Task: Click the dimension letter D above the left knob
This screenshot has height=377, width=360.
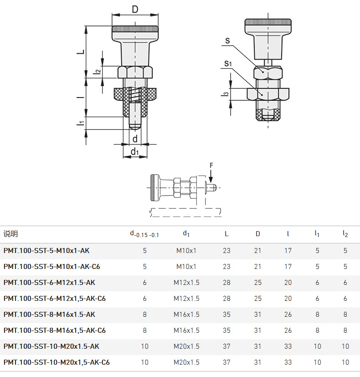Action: point(135,10)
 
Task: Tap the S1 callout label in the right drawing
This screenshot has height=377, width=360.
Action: point(228,64)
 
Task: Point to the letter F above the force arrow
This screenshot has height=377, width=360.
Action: point(211,165)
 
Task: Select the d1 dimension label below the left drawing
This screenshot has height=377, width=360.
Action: point(135,152)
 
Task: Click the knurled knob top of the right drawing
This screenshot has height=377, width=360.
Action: point(268,23)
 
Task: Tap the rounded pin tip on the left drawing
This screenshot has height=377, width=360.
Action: point(135,126)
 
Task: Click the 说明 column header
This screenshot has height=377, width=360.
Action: point(10,234)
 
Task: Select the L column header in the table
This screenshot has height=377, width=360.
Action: point(226,234)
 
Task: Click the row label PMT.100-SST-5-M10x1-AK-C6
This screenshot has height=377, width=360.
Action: point(51,266)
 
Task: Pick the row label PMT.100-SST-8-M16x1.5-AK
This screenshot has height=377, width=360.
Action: point(49,314)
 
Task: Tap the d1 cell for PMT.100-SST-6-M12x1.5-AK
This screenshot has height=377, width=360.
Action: point(186,283)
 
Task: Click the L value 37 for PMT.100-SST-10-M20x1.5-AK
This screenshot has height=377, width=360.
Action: point(226,346)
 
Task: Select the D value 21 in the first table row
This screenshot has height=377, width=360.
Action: point(257,251)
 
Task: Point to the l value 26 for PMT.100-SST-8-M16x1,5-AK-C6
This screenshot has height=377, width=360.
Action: point(288,331)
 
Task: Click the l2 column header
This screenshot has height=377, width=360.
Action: point(345,234)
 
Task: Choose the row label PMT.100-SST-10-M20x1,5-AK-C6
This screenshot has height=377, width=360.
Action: point(57,362)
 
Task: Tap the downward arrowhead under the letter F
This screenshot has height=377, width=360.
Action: point(211,179)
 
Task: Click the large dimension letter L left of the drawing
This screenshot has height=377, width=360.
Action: point(82,52)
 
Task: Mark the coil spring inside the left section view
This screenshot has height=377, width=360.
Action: point(135,94)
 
